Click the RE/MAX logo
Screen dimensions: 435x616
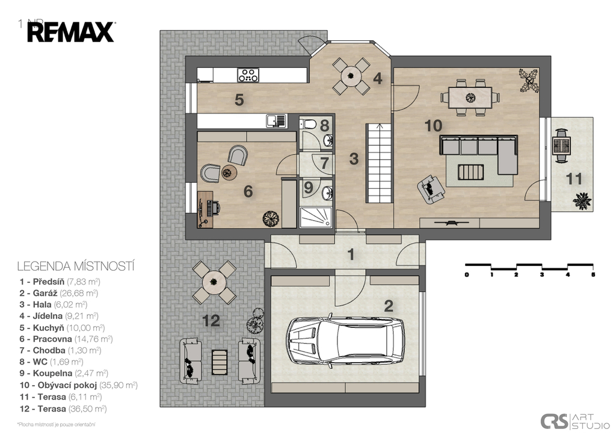click(x=70, y=32)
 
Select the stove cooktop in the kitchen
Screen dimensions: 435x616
click(x=248, y=75)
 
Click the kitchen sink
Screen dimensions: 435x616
click(x=276, y=121)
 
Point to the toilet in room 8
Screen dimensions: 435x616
click(x=309, y=124)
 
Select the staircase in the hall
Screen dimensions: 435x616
click(x=380, y=163)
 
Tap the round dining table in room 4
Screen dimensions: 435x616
click(x=351, y=76)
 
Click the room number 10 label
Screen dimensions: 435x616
click(x=433, y=126)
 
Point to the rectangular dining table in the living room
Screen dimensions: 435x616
click(x=466, y=96)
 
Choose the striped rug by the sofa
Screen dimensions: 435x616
click(x=470, y=172)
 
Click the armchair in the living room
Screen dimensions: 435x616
click(x=431, y=187)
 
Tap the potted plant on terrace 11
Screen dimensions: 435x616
click(x=582, y=200)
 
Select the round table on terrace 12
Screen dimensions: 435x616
click(x=214, y=281)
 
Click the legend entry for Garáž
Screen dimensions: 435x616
click(x=59, y=293)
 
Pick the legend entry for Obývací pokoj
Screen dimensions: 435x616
click(x=79, y=385)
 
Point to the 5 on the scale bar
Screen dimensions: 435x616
click(x=593, y=274)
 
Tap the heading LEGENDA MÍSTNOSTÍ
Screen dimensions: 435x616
click(x=75, y=265)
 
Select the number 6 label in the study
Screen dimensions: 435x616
click(x=248, y=191)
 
